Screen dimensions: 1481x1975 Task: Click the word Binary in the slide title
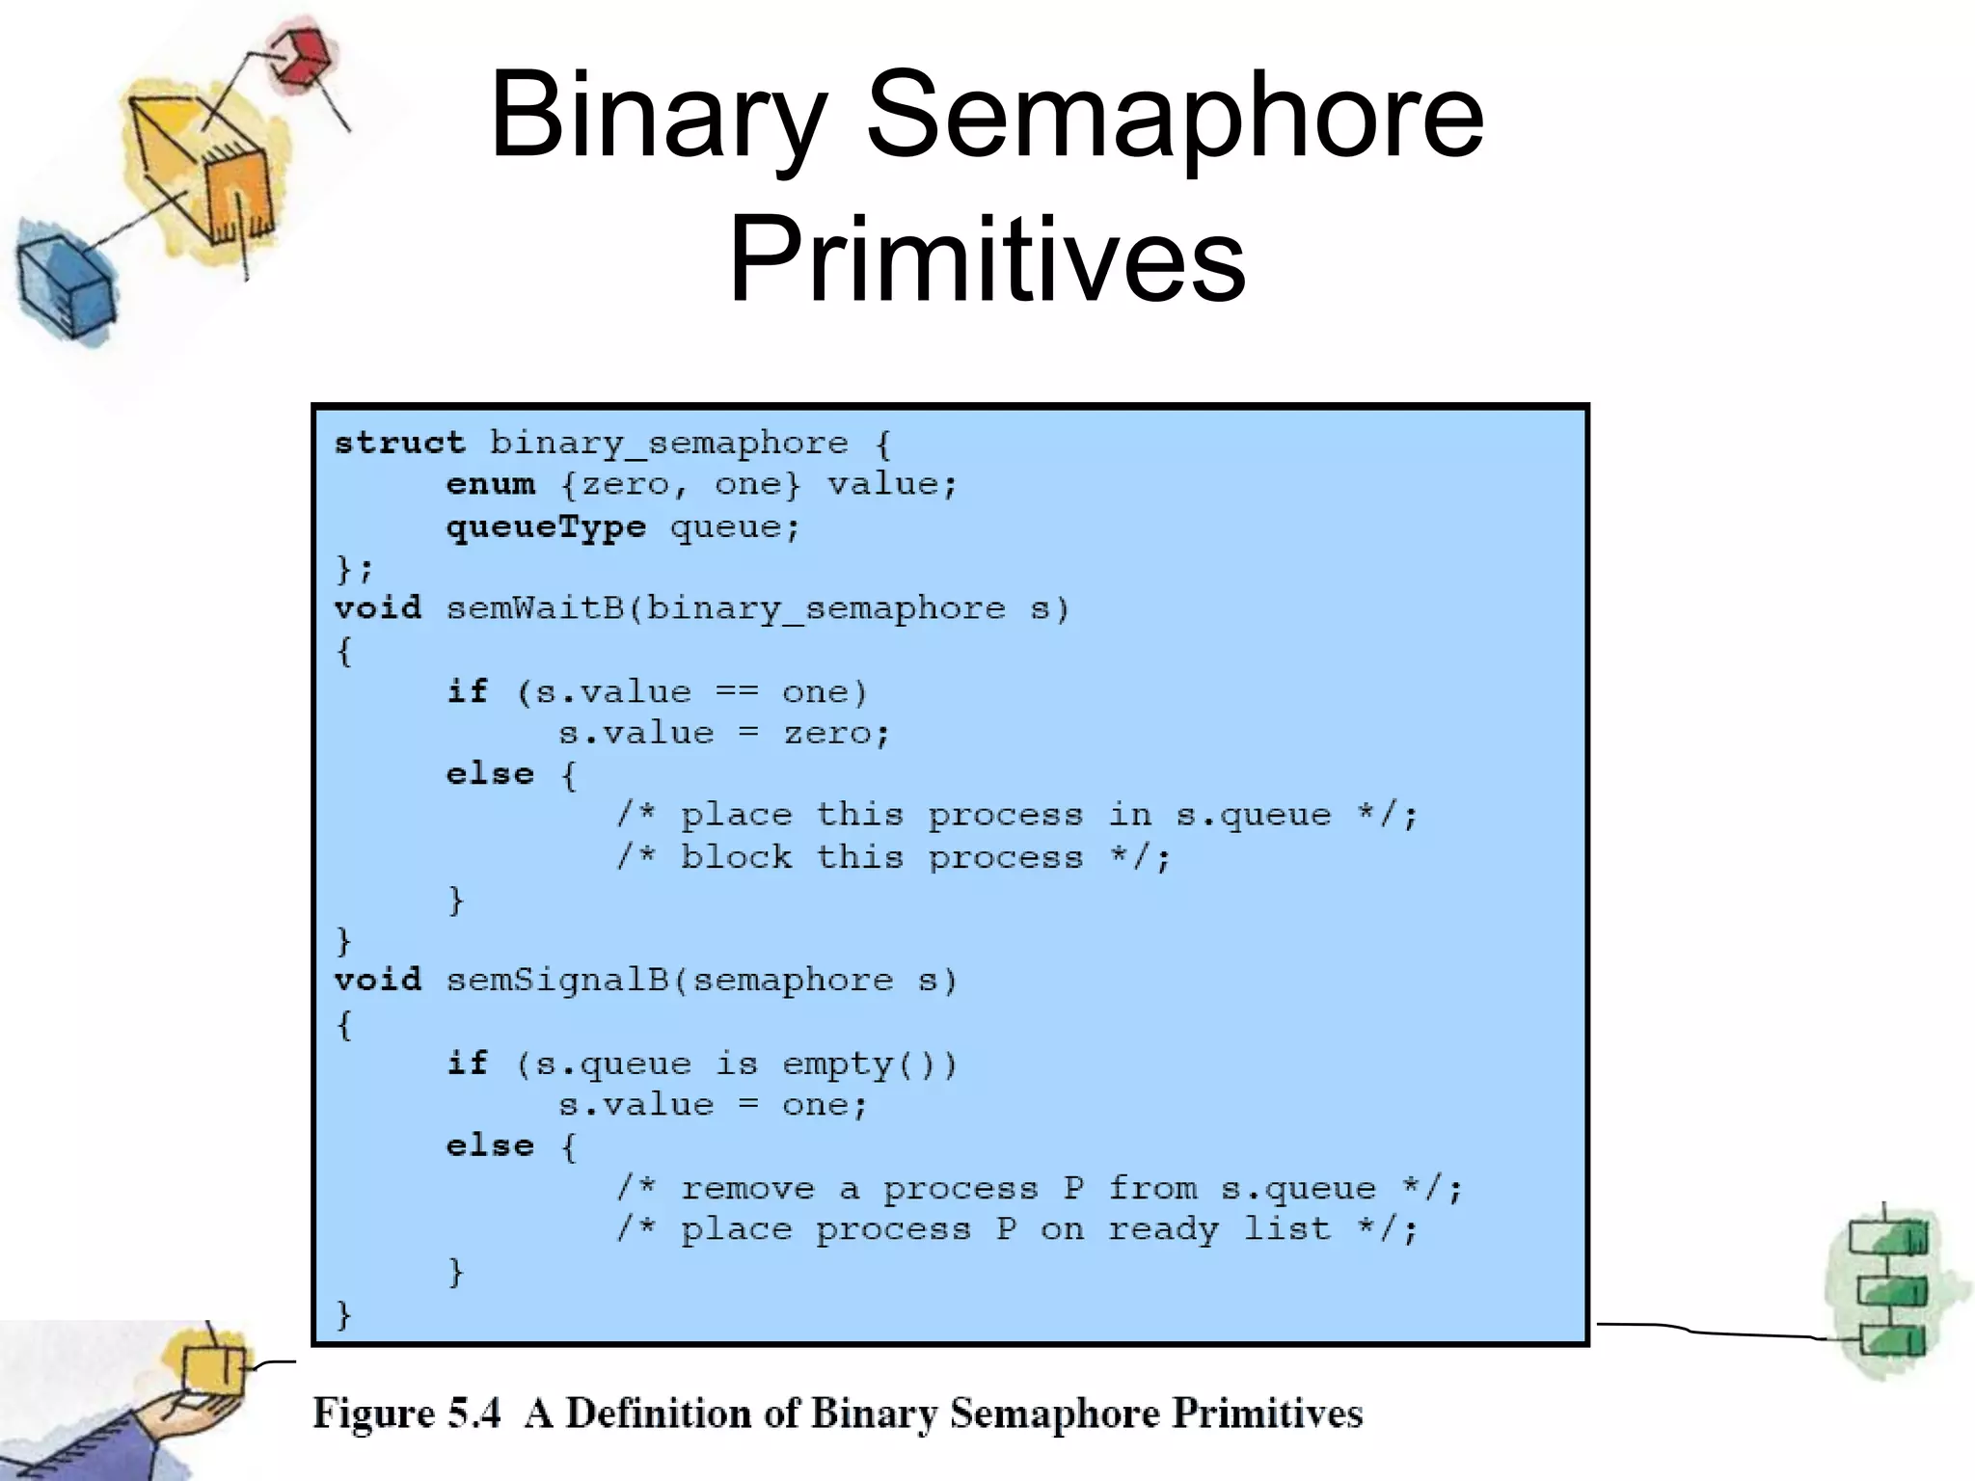659,118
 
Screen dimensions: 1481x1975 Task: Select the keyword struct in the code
399,443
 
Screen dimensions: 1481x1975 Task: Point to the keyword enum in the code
490,484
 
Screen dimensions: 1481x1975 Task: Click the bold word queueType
546,526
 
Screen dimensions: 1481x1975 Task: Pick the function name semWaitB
534,608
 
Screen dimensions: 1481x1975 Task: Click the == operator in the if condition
737,691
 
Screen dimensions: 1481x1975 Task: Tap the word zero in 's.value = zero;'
826,734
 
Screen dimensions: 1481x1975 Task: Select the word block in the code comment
736,857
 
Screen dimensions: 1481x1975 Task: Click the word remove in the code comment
747,1188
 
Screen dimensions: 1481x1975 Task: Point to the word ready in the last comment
1163,1229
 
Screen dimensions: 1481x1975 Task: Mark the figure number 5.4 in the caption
474,1414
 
